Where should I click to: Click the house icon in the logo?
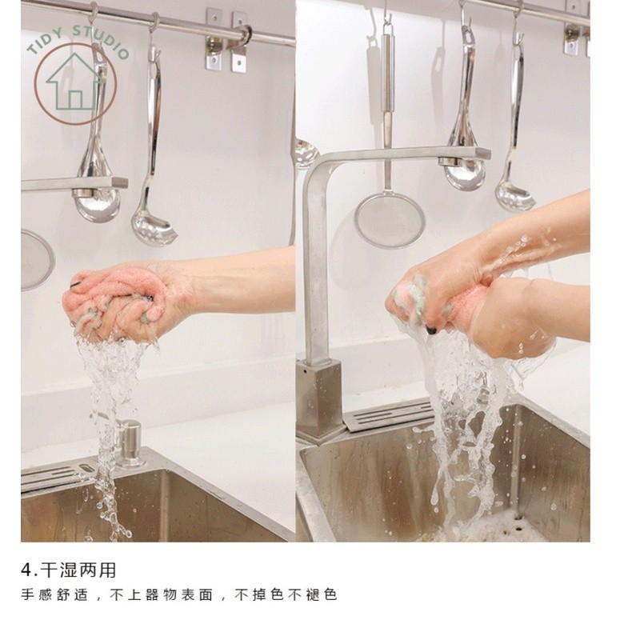coord(74,82)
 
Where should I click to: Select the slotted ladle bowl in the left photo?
coord(154,231)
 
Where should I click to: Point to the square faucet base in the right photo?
coord(319,402)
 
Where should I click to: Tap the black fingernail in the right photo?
coord(430,330)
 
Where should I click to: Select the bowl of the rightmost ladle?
coord(515,198)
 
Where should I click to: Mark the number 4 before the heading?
coord(26,571)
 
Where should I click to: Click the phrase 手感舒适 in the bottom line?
coord(54,595)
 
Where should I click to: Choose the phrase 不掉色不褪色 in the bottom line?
coord(286,595)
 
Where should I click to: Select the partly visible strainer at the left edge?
coord(37,260)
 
